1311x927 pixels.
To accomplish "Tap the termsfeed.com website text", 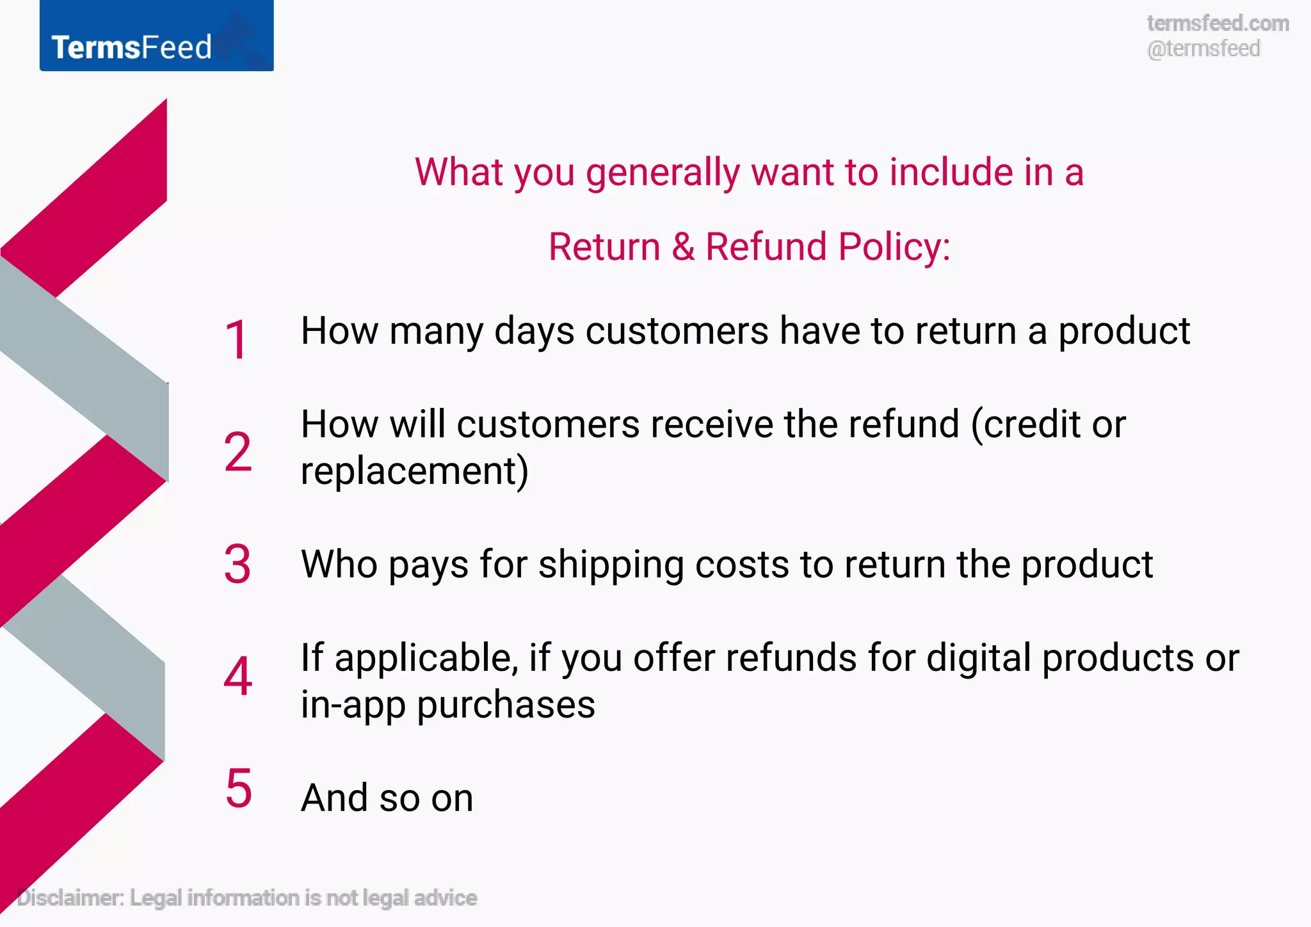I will (x=1218, y=24).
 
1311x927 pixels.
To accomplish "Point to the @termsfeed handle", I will (x=1203, y=49).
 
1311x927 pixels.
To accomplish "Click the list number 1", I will (x=237, y=340).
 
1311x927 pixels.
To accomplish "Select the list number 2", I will (x=237, y=452).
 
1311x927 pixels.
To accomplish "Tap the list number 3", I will (x=237, y=564).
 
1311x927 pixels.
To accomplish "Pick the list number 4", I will (x=237, y=677).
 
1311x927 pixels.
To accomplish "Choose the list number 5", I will (x=239, y=789).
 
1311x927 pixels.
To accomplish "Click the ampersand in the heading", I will (x=683, y=247).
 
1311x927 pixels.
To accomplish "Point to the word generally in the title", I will (x=663, y=173).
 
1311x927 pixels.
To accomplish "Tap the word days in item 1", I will (x=534, y=332).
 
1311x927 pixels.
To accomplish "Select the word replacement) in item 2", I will (x=415, y=471).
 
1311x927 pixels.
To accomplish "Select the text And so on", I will (x=387, y=798).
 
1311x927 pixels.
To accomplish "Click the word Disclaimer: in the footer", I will (x=70, y=898).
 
